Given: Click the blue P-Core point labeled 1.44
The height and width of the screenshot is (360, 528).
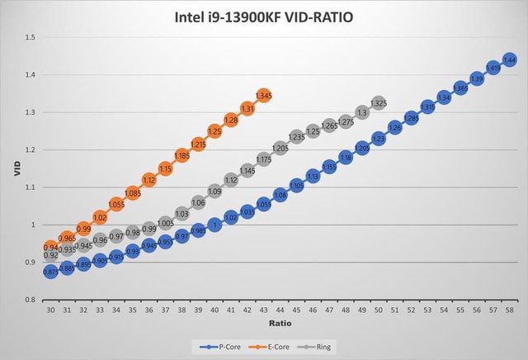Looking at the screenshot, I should [x=509, y=60].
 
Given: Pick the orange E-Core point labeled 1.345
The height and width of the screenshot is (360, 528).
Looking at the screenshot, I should [x=264, y=96].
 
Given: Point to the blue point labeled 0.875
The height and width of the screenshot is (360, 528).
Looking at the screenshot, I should [x=51, y=272].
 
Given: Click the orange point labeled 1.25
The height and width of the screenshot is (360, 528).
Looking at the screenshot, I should [x=214, y=131].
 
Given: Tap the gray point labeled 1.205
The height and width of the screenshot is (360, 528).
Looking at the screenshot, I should [x=280, y=148].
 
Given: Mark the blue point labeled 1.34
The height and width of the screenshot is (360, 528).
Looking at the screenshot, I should [x=444, y=97].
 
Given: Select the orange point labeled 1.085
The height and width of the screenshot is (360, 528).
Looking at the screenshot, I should [x=133, y=193].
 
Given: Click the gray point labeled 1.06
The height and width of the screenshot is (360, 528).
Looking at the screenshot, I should [x=198, y=202].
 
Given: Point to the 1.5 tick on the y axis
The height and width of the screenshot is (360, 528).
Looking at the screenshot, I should [x=30, y=37].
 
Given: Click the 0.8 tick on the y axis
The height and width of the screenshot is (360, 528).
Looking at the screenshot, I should [x=30, y=300].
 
